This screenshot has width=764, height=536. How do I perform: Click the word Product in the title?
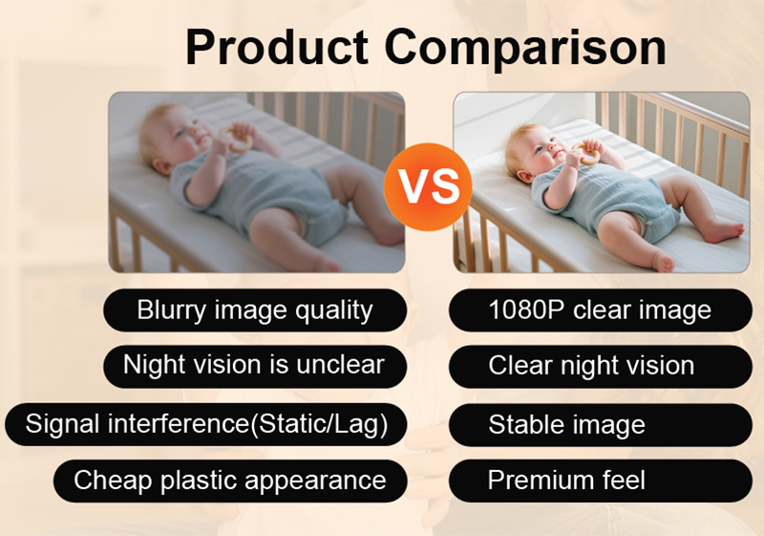(277, 47)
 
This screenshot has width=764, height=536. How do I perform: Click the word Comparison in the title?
(525, 50)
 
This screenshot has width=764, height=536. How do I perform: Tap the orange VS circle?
(428, 186)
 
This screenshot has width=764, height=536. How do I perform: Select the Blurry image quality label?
(255, 311)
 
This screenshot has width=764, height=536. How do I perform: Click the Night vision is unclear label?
(255, 367)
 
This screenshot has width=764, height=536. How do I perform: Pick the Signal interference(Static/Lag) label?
(205, 424)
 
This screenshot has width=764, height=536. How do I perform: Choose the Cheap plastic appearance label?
(230, 481)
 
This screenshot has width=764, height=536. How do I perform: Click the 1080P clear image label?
(601, 311)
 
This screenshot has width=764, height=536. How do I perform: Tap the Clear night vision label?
(601, 367)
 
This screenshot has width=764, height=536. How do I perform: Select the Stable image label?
(601, 424)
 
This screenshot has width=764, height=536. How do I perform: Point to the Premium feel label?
(601, 481)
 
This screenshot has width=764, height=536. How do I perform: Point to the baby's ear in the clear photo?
(522, 176)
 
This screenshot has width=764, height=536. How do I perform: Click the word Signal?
(62, 423)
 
